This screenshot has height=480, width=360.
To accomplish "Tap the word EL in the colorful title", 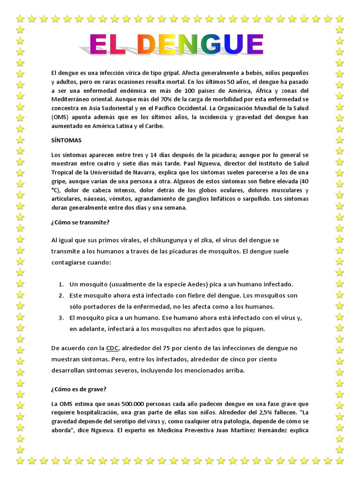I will [109, 45].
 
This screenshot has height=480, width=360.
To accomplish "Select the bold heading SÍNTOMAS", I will [67, 140].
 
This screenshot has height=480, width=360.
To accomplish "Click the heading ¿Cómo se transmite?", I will [80, 222].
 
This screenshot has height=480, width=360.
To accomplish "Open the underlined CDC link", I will [112, 348].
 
